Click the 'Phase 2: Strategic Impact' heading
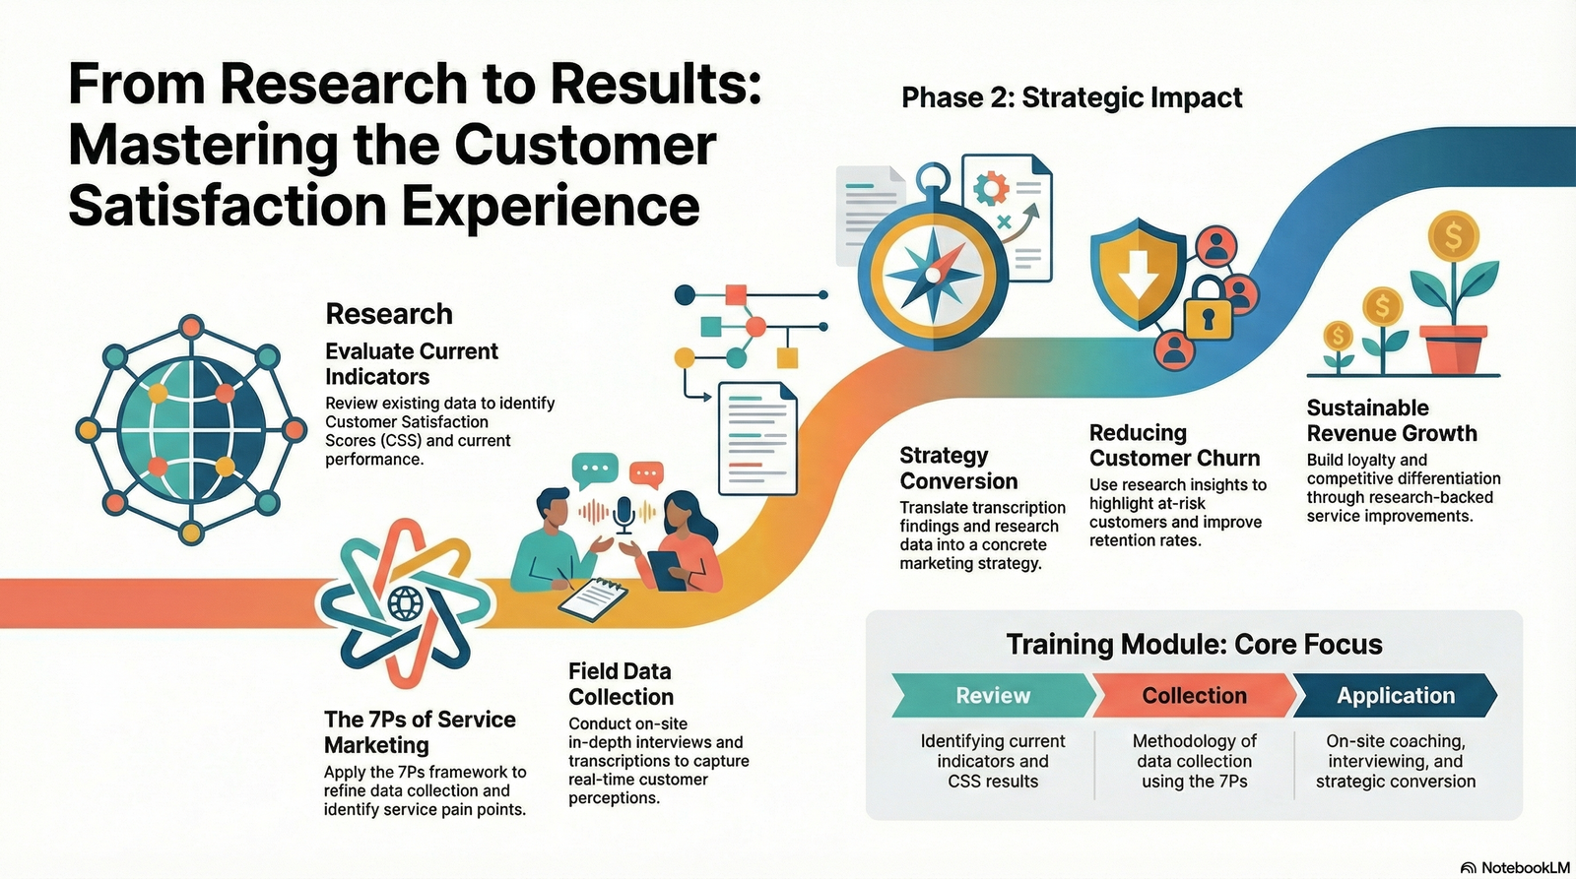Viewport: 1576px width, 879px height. point(1072,97)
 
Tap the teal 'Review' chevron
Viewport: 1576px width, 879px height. point(993,696)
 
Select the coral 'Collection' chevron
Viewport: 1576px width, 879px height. point(1194,696)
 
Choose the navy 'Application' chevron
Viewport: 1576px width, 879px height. point(1395,696)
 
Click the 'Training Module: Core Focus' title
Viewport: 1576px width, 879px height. point(1194,644)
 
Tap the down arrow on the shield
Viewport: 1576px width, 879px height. point(1138,275)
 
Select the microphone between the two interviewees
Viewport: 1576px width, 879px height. point(624,514)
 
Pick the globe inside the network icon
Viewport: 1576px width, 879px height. point(191,429)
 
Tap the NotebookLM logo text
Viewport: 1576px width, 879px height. point(1525,868)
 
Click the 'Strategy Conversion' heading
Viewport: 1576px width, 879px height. point(958,469)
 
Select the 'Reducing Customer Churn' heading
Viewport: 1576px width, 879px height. point(1174,445)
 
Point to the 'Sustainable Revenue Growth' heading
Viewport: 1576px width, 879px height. point(1392,420)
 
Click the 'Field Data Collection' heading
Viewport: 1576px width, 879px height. point(621,683)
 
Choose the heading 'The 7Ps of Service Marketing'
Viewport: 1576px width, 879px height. point(420,732)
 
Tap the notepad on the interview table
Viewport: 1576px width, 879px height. point(593,598)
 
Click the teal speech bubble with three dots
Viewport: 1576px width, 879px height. point(595,470)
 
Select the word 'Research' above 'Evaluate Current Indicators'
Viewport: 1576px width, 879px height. point(389,314)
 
